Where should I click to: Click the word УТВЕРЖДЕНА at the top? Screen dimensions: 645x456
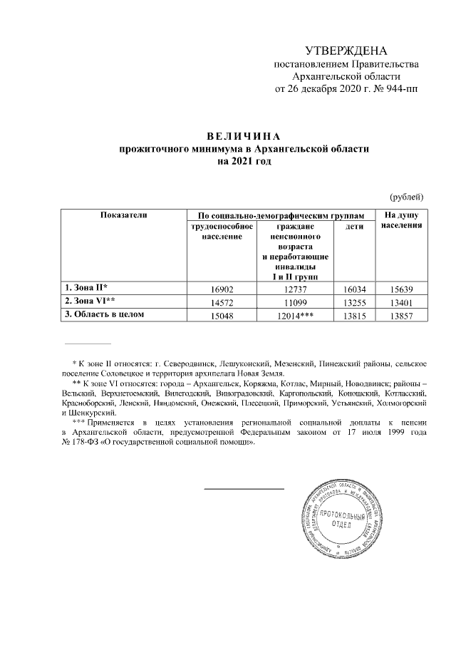[346, 51]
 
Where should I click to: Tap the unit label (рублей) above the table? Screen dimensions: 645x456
[407, 196]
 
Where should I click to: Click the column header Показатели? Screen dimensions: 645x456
[123, 215]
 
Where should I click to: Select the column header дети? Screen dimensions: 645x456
[354, 227]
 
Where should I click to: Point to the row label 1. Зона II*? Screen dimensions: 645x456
[86, 287]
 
